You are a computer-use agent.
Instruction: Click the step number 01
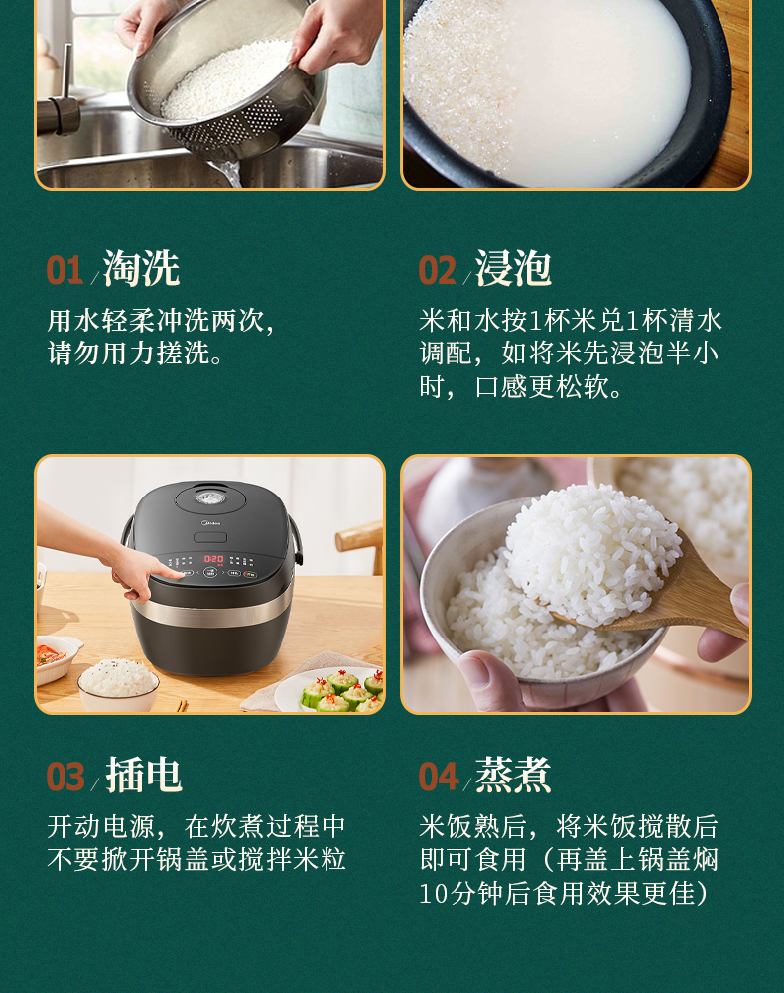tap(65, 270)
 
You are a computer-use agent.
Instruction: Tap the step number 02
tap(437, 270)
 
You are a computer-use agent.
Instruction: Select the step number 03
tap(65, 778)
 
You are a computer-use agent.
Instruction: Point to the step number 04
tap(438, 778)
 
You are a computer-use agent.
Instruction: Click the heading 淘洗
tap(142, 268)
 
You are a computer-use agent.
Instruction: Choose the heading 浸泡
tap(513, 268)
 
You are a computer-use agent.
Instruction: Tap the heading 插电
tap(144, 776)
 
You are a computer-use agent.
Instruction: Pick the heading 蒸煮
tap(513, 776)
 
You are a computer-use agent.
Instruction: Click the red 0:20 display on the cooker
tap(213, 559)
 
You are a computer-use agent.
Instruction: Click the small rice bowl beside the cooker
tap(118, 684)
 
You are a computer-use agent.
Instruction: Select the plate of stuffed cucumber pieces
tap(329, 691)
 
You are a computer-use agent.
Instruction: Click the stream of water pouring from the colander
tap(228, 172)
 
